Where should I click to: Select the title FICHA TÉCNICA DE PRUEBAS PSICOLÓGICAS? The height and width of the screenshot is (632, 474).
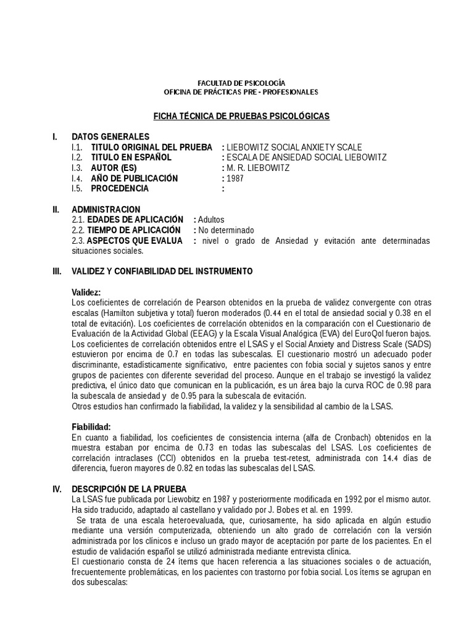click(241, 116)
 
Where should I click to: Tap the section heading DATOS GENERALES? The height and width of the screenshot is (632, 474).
click(110, 136)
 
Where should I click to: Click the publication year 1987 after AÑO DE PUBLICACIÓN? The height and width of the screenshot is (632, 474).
click(235, 178)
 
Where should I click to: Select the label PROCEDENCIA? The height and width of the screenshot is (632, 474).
click(120, 189)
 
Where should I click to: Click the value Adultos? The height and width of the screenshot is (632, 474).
click(212, 220)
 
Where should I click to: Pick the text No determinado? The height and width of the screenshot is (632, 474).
click(226, 230)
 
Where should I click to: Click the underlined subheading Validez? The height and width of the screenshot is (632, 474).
click(86, 293)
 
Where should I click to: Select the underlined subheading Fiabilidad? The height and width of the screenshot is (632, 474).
click(91, 426)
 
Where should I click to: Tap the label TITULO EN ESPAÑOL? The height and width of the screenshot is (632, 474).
click(131, 157)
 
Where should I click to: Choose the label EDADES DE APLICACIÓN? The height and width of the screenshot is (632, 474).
click(135, 220)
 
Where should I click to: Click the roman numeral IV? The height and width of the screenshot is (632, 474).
click(57, 489)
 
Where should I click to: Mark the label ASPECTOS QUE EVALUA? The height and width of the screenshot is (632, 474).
click(135, 241)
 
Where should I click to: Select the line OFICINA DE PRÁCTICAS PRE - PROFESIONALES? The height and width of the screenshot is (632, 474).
click(241, 92)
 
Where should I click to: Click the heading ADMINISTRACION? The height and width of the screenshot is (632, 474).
click(106, 210)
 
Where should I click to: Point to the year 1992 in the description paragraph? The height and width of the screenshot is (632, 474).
click(346, 499)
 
